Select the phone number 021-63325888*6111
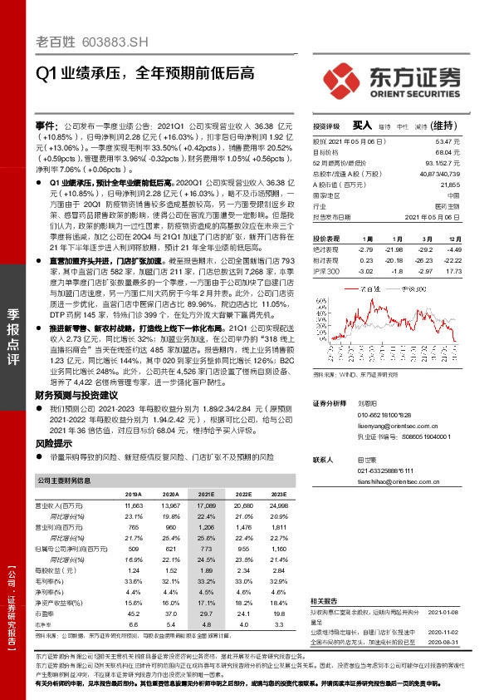tap(385, 471)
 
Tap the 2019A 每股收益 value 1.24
tap(131, 571)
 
